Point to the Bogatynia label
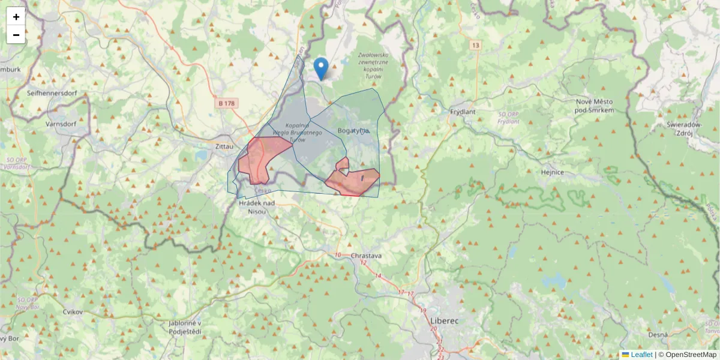pyautogui.click(x=353, y=130)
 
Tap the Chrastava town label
pyautogui.click(x=367, y=256)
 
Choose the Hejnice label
pyautogui.click(x=552, y=172)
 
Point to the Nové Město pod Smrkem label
pyautogui.click(x=594, y=106)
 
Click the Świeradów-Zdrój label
pyautogui.click(x=685, y=128)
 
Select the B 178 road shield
pyautogui.click(x=227, y=104)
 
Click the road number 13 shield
pyautogui.click(x=476, y=46)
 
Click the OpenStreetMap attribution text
pyautogui.click(x=690, y=355)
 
